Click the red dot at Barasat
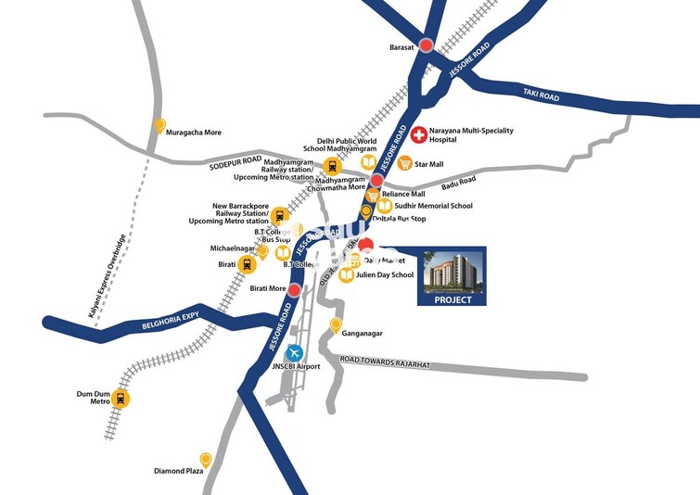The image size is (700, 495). (426, 45)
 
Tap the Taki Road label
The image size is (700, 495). (540, 92)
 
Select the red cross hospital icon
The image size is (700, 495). (419, 135)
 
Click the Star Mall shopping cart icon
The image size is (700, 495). (405, 163)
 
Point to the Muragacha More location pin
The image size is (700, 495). (159, 127)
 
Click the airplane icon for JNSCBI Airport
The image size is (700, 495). (295, 352)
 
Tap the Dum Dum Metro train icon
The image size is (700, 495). (121, 400)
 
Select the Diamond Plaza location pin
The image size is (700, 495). (206, 460)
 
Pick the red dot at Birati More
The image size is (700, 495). (294, 290)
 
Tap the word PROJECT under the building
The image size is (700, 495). (453, 299)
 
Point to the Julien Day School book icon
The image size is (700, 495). (346, 275)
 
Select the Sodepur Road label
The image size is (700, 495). (235, 164)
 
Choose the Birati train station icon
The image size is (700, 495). (247, 265)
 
